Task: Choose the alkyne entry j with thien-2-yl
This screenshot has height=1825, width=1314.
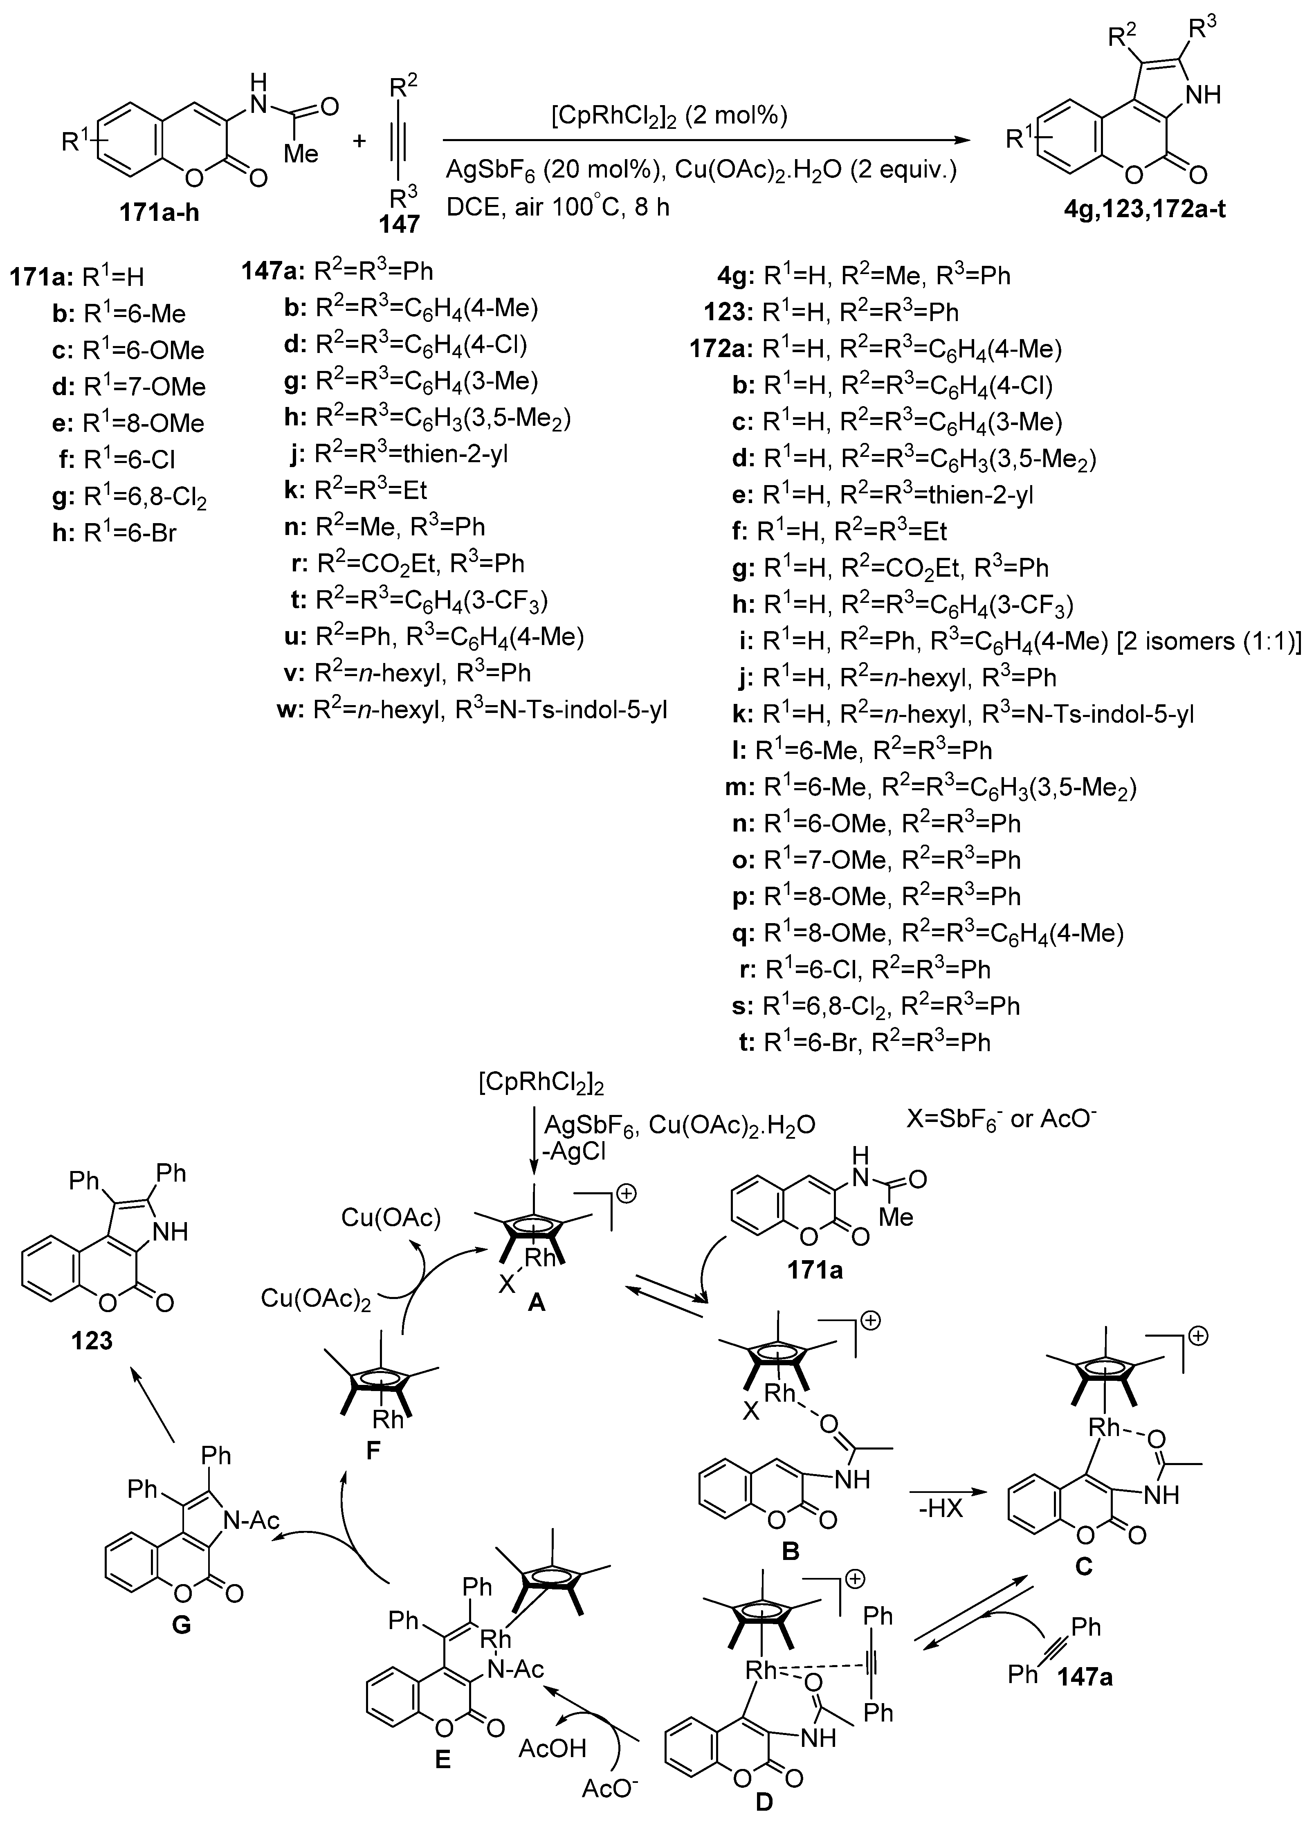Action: [x=400, y=455]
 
